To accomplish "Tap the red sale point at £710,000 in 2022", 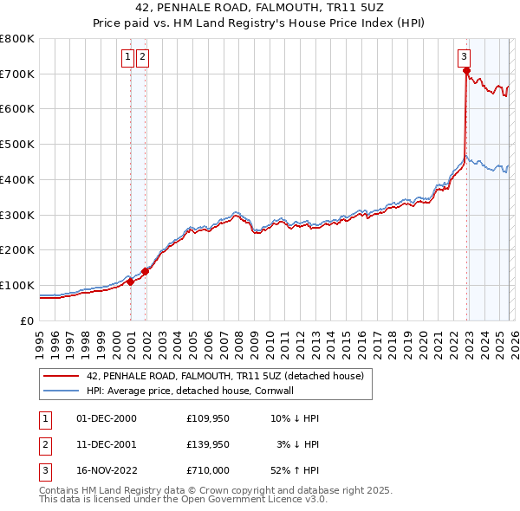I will pos(466,71).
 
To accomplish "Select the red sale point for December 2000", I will pos(130,281).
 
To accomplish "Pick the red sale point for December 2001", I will pos(146,271).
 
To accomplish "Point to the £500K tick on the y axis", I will pos(17,145).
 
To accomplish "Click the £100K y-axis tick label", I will pos(17,285).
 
